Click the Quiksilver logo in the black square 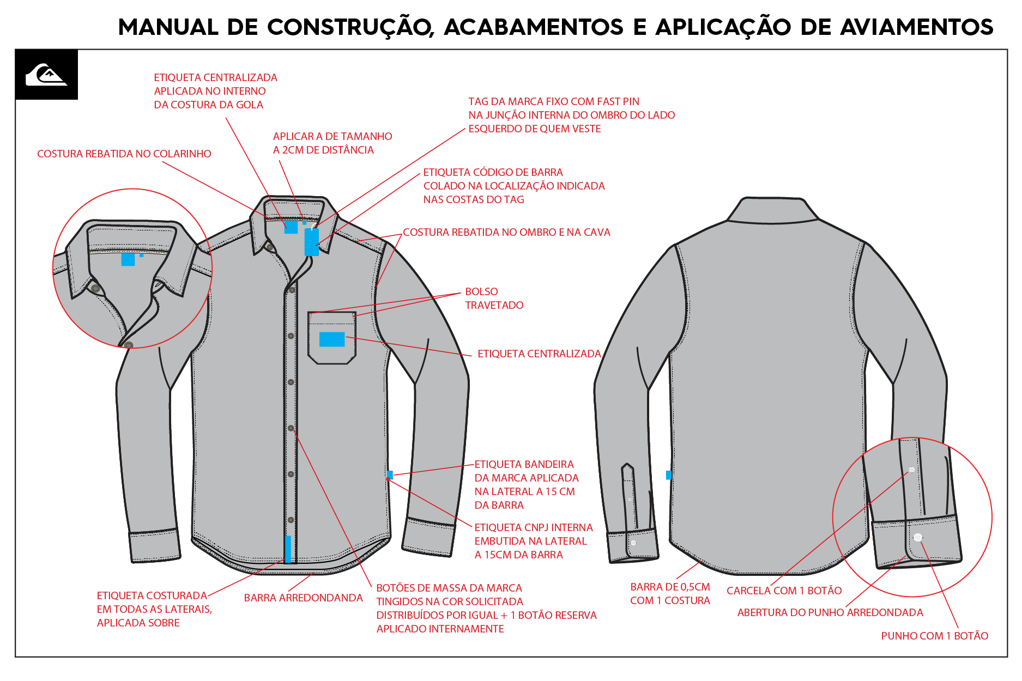(x=46, y=75)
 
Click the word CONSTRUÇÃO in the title (x=350, y=27)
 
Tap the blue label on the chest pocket (x=332, y=339)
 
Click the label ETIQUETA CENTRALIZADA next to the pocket (x=539, y=354)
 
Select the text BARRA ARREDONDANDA (x=303, y=598)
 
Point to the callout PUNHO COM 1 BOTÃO (x=934, y=636)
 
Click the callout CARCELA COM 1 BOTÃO (x=784, y=591)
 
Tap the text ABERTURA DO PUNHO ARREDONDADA (x=830, y=612)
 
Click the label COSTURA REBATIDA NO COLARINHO (x=124, y=154)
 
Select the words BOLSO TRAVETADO (x=494, y=299)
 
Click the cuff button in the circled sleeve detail (x=918, y=537)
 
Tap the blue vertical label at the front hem (x=288, y=549)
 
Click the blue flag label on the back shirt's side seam (x=669, y=475)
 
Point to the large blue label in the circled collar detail (x=128, y=259)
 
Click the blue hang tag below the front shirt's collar (x=312, y=242)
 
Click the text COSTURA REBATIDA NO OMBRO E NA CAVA (x=506, y=232)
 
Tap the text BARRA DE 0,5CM (x=670, y=587)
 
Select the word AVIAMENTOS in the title (x=917, y=27)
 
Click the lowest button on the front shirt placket (x=291, y=520)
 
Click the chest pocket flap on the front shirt (x=332, y=319)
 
